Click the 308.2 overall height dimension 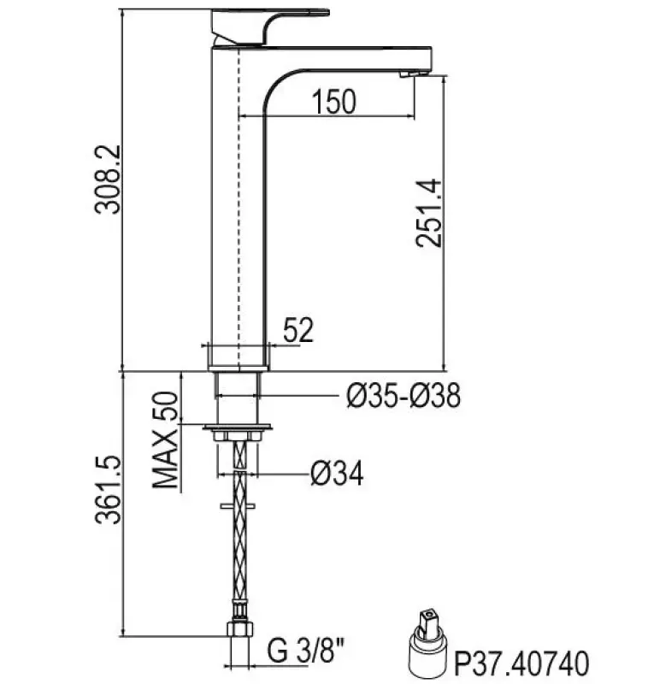click(x=107, y=180)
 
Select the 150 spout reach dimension click(x=333, y=102)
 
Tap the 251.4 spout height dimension click(x=428, y=213)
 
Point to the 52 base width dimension click(x=298, y=330)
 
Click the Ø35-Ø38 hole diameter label click(x=404, y=396)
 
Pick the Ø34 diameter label click(x=337, y=474)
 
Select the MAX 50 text click(x=165, y=439)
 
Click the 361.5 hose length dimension click(x=107, y=490)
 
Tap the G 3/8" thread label click(x=306, y=651)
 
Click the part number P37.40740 click(x=521, y=663)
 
